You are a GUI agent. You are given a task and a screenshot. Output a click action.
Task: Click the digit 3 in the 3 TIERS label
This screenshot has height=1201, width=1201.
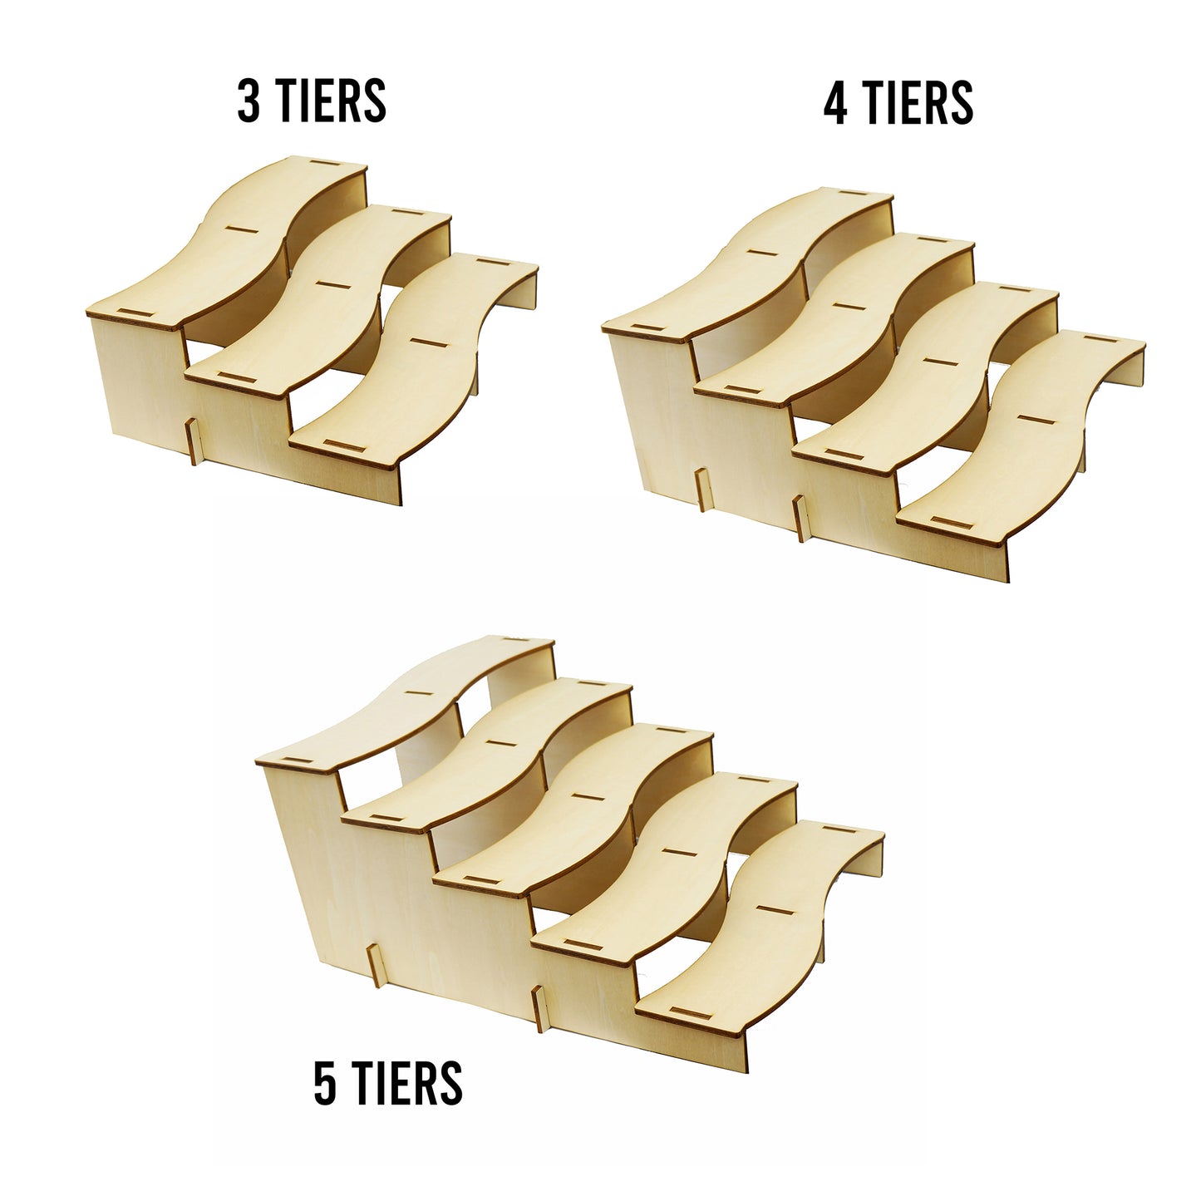pyautogui.click(x=248, y=101)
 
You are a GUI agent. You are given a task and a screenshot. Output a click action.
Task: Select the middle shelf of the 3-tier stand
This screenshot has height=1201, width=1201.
pyautogui.click(x=317, y=299)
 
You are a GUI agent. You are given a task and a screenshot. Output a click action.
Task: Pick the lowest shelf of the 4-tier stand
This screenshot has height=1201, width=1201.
pyautogui.click(x=1022, y=436)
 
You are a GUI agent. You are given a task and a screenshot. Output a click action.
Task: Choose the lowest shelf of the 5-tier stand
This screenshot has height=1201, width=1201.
pyautogui.click(x=760, y=923)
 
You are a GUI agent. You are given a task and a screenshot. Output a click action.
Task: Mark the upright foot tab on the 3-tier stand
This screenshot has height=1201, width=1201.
pyautogui.click(x=193, y=442)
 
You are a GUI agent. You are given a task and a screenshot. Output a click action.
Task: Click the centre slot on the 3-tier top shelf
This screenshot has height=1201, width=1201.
pyautogui.click(x=241, y=229)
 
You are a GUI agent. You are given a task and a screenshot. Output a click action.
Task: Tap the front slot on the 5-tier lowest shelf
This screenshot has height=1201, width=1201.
pyautogui.click(x=691, y=1013)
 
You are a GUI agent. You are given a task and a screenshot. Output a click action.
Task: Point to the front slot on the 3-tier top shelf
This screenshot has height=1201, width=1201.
pyautogui.click(x=135, y=313)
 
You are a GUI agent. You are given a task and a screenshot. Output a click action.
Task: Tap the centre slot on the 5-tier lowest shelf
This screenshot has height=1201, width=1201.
pyautogui.click(x=775, y=909)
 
